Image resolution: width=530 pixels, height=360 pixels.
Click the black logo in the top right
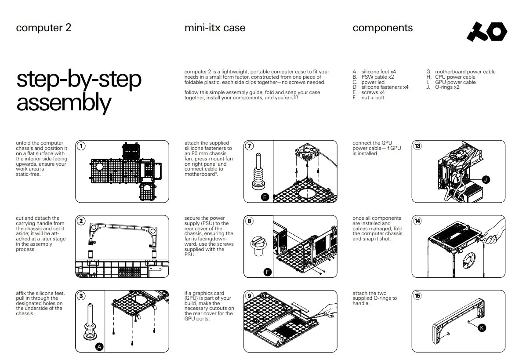tap(486, 32)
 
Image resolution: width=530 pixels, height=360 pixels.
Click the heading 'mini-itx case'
tap(215, 28)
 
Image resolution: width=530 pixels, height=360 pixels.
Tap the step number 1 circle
tap(81, 146)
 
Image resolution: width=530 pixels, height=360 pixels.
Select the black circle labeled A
tap(100, 347)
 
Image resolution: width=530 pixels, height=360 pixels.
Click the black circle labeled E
tap(265, 197)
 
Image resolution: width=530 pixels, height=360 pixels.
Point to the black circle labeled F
tap(267, 272)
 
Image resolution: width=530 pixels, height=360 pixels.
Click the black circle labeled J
tap(486, 179)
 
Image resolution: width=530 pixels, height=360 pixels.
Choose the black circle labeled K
tap(482, 327)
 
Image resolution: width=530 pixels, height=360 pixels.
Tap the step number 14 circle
tap(417, 221)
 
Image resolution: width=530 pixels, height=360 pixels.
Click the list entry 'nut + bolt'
tap(372, 98)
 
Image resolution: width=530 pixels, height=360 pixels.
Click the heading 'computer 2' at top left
tap(44, 28)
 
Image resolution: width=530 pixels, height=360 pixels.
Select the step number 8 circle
tap(249, 221)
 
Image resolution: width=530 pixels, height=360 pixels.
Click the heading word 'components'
tap(382, 28)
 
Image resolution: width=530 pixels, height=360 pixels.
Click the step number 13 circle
tap(417, 146)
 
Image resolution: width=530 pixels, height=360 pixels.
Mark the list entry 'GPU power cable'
tap(455, 82)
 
